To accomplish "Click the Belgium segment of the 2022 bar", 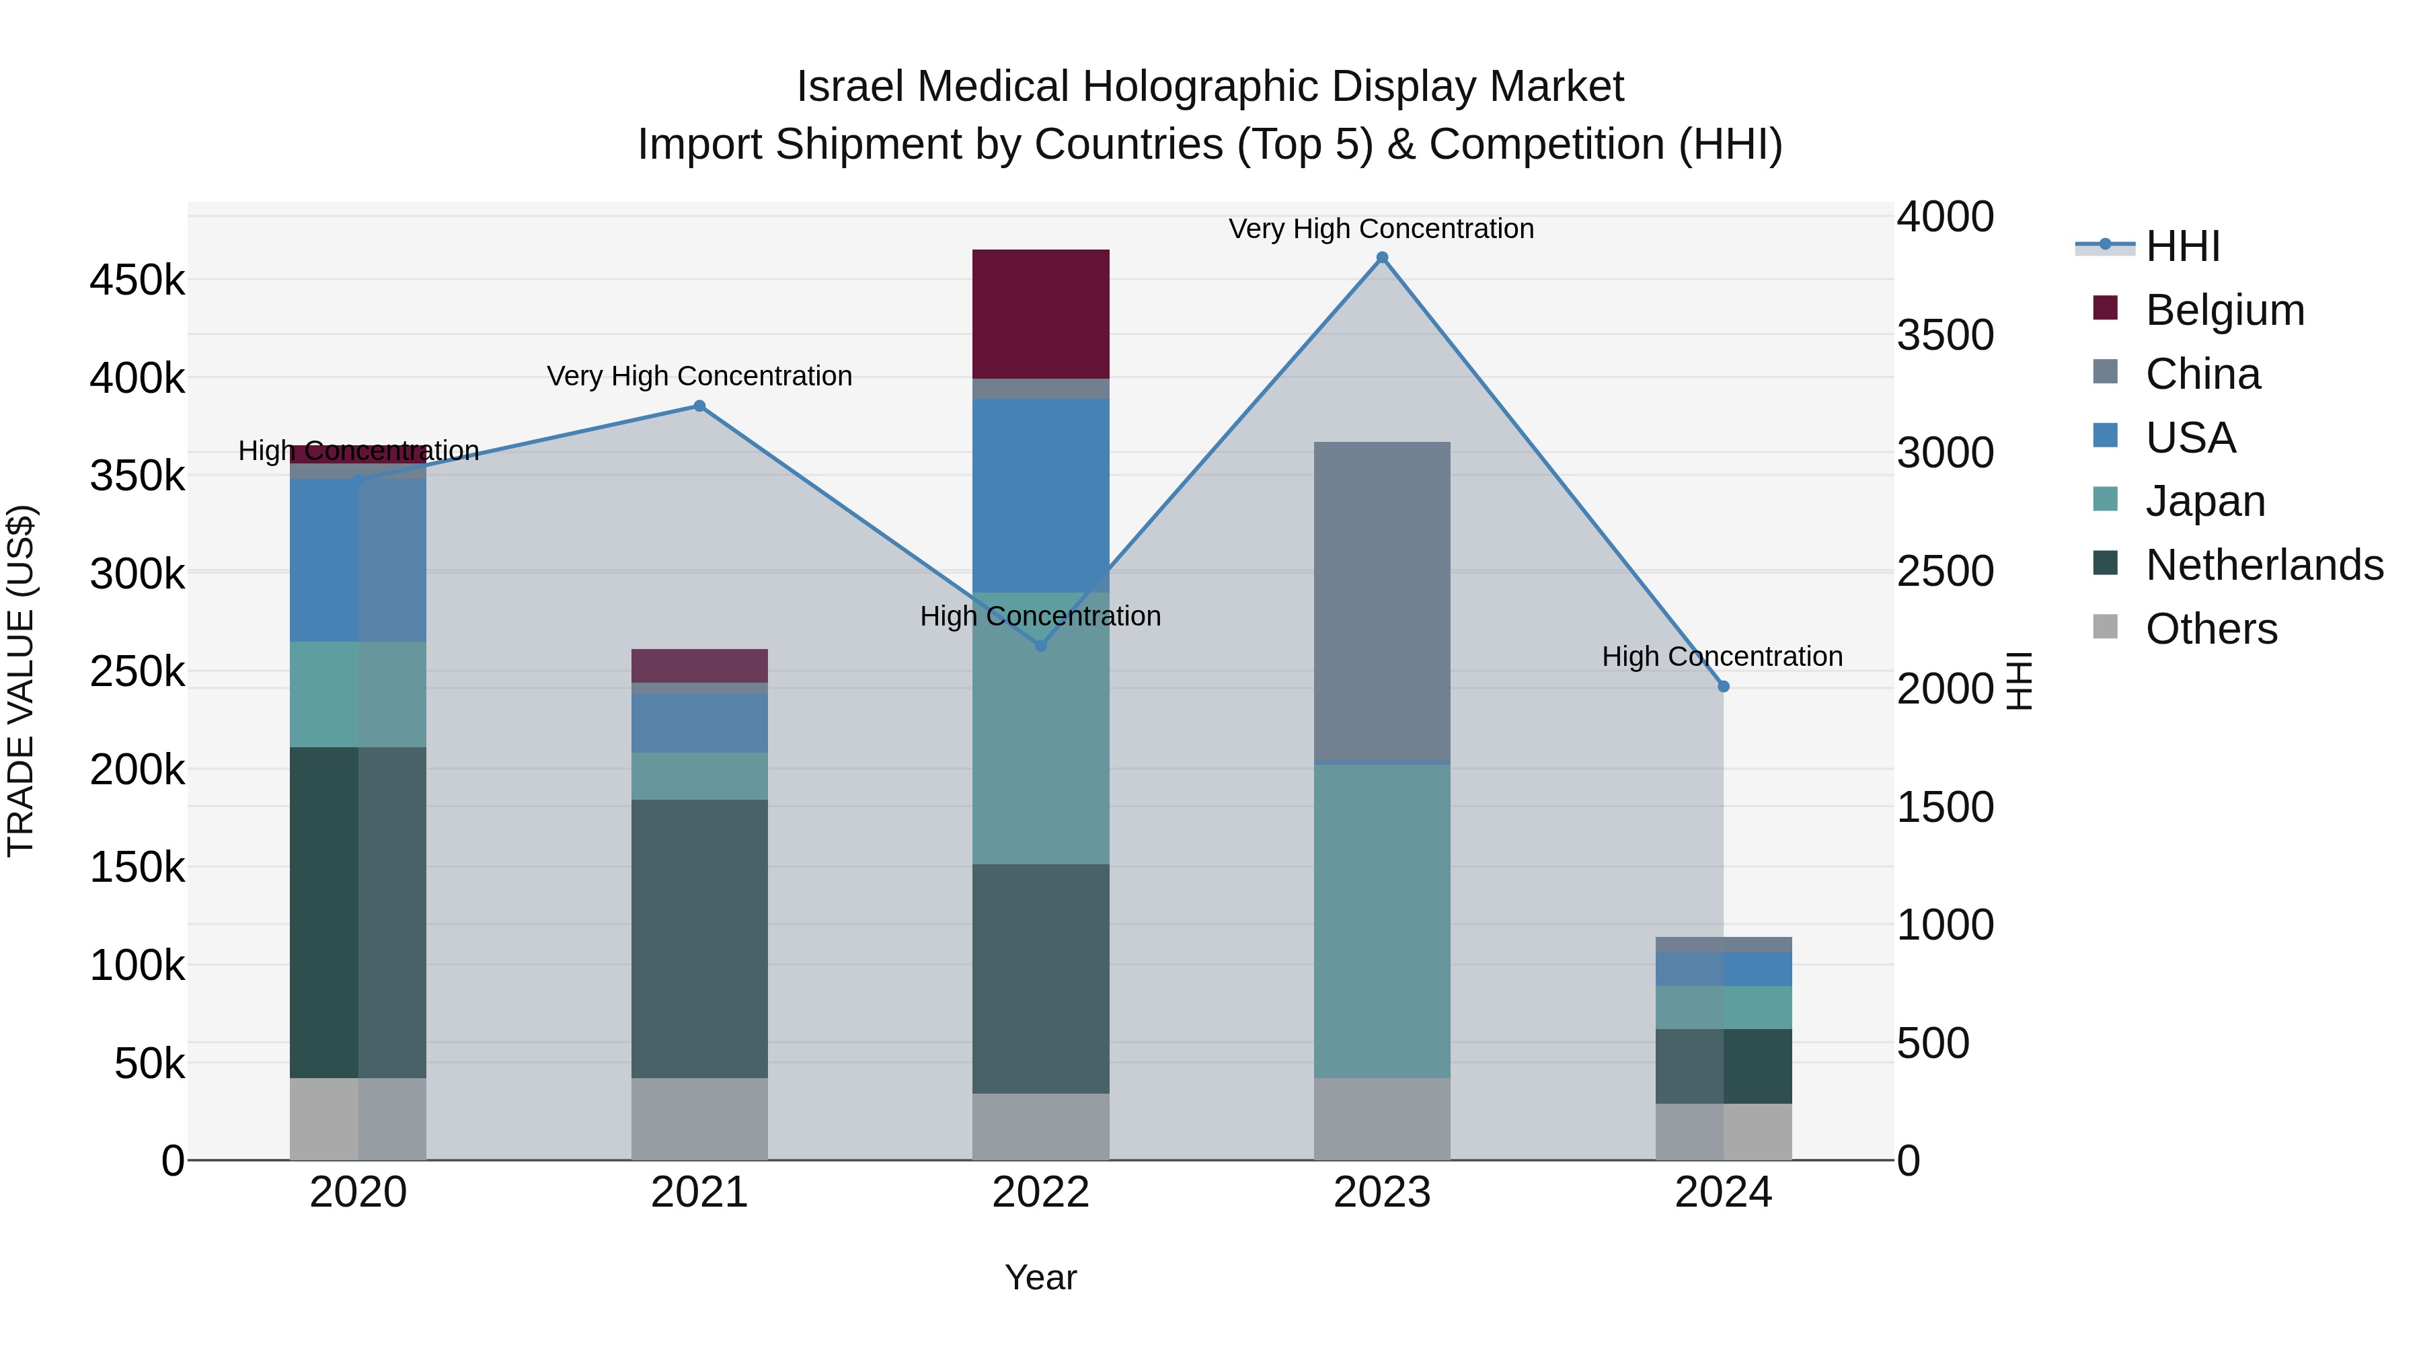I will coord(1040,314).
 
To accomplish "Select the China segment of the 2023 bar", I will coord(1381,601).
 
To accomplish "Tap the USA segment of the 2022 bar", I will coord(1040,495).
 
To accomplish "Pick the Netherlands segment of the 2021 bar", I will coord(699,938).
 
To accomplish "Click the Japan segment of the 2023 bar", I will coord(1381,921).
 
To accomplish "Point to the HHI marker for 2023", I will coord(1381,258).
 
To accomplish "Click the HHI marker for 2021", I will coord(699,406).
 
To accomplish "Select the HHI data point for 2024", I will coord(1723,686).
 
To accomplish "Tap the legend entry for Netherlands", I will coord(2264,565).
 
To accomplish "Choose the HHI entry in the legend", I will coord(2182,246).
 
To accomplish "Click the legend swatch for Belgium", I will coord(2105,308).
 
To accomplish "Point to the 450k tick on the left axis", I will coord(137,280).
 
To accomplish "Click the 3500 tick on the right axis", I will coord(1944,336).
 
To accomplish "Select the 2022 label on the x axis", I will coord(1040,1193).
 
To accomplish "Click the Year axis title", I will coord(1040,1277).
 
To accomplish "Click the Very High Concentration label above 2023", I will coord(1381,229).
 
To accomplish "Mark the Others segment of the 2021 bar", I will coord(699,1119).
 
